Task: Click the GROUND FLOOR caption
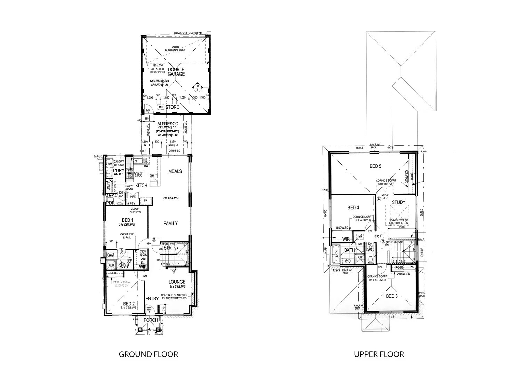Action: [148, 354]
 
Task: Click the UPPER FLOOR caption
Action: [379, 354]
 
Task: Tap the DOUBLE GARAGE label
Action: [176, 72]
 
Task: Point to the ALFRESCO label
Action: [168, 124]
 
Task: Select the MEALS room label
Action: [175, 171]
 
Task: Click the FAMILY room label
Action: [171, 224]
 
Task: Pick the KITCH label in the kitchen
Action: [141, 186]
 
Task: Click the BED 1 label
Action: [127, 220]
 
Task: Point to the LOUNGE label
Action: [177, 282]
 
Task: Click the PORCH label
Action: [151, 320]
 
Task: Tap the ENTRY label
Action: [152, 299]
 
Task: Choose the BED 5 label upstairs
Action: [375, 166]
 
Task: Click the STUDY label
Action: [399, 202]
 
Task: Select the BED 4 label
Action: [353, 207]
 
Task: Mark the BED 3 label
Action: [392, 296]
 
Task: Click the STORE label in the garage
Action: [172, 107]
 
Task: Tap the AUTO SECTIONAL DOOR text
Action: [179, 48]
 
